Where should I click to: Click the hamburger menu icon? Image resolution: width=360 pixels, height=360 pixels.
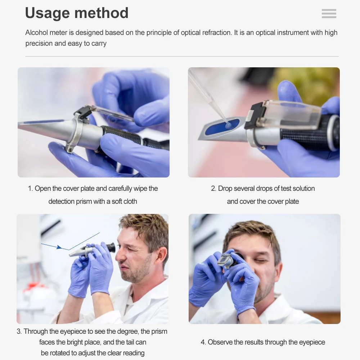pyautogui.click(x=329, y=14)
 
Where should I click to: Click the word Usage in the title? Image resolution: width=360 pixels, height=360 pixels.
pyautogui.click(x=50, y=13)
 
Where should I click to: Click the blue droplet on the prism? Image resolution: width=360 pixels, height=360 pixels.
pyautogui.click(x=228, y=125)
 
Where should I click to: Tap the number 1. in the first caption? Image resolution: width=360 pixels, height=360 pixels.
pyautogui.click(x=31, y=189)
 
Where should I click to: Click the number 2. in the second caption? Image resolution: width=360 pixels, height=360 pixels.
pyautogui.click(x=213, y=189)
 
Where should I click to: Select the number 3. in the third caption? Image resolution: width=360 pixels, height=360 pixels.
pyautogui.click(x=19, y=332)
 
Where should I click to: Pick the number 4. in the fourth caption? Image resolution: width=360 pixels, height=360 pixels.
pyautogui.click(x=203, y=342)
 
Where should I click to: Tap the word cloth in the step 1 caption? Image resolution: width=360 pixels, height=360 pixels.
pyautogui.click(x=130, y=202)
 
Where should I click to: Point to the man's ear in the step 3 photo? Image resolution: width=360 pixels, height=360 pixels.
pyautogui.click(x=160, y=255)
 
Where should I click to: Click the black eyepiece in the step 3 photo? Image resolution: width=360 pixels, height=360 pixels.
pyautogui.click(x=111, y=248)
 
